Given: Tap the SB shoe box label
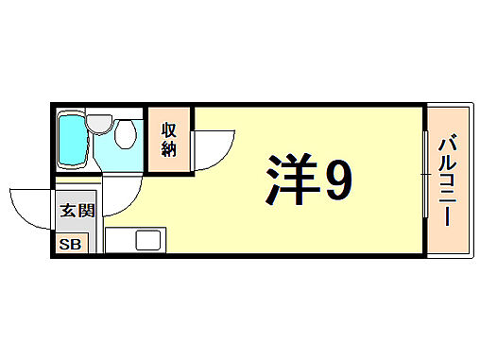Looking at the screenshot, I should point(71,245).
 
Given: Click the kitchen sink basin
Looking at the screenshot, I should point(149,240).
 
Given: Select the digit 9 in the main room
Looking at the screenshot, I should point(336,181).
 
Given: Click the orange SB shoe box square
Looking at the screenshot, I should point(71,245).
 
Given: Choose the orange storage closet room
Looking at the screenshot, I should point(169,141).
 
